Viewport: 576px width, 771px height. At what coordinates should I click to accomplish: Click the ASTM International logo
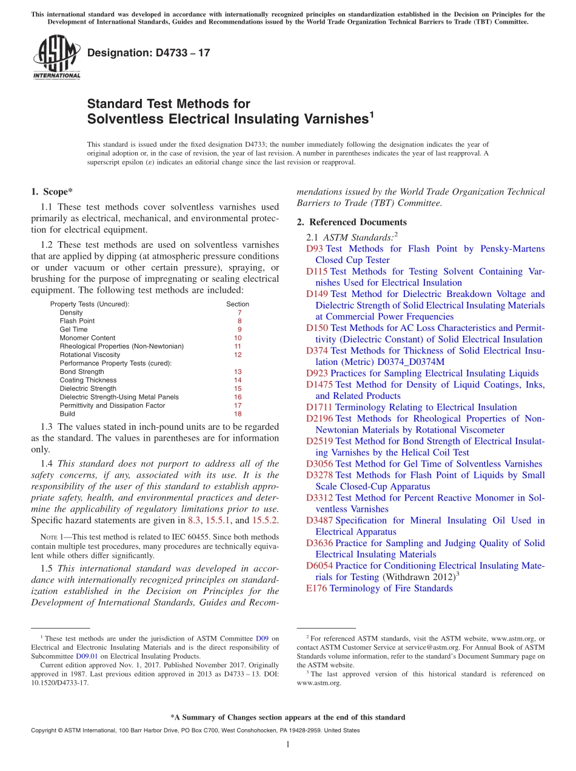coord(56,58)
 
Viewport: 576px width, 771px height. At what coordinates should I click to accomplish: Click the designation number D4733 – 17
coord(149,53)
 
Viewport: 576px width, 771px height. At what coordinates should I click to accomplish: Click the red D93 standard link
coord(315,249)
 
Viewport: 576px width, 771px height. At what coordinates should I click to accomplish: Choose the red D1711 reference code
coord(319,407)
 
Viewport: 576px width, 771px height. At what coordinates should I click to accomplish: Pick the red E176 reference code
coord(316,589)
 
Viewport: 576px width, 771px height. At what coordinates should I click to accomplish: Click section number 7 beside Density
coord(239,313)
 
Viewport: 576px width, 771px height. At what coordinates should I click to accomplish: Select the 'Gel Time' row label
coord(73,330)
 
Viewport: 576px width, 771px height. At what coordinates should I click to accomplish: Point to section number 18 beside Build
coord(238,414)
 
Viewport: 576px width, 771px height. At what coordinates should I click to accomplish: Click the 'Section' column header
coord(238,304)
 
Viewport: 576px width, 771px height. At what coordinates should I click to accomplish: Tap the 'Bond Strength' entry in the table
coord(82,372)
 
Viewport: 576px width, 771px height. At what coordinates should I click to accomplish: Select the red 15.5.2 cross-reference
coord(266,520)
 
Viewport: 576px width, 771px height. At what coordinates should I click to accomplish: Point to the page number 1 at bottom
coord(288,744)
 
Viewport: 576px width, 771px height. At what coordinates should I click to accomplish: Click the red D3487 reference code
coord(319,521)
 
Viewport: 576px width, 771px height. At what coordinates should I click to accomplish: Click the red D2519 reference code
coord(319,441)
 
